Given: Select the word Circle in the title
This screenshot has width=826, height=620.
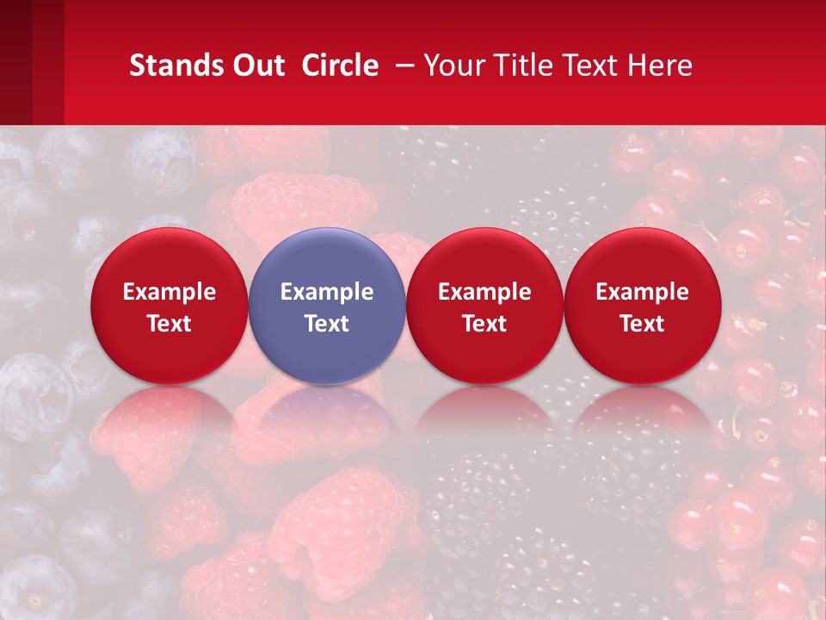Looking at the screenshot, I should coord(340,65).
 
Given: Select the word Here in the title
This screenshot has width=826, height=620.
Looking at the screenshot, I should coord(661,65).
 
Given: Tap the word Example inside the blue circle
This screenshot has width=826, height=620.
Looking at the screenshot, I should coord(327,292).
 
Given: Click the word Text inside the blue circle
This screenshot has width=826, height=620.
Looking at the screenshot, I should coord(327,324).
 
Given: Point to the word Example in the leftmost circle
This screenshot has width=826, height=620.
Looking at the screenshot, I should coord(170,292).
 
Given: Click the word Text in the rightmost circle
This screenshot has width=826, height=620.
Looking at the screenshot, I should coord(643,324).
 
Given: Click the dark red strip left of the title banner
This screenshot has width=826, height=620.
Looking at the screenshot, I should coord(32,62).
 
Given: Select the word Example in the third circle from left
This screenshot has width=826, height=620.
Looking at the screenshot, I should coord(484,292).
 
